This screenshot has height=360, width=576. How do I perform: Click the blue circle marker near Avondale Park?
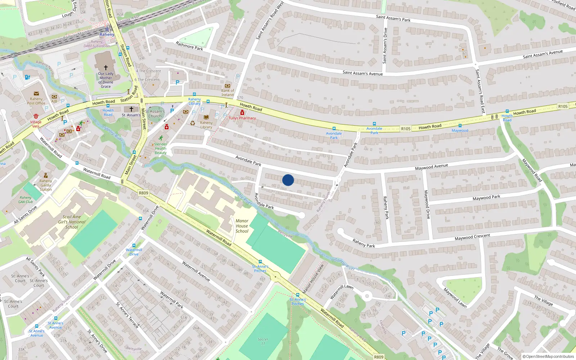pos(288,180)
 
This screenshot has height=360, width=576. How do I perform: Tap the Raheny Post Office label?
pos(36,101)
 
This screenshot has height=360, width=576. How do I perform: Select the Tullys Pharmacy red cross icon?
pos(242,113)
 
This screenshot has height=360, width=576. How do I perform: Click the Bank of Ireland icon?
pos(228,86)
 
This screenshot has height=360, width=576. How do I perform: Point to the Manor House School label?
pos(242,226)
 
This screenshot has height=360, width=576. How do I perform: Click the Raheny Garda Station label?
pos(46,185)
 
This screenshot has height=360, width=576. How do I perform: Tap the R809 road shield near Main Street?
pos(143,193)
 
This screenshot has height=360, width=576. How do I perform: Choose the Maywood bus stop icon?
pos(460,126)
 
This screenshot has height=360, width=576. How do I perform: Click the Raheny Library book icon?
pos(206,117)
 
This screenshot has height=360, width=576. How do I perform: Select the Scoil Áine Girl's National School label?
pos(72,222)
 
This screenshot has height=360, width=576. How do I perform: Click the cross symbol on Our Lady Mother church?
pos(106,67)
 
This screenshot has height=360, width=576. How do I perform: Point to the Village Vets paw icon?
pos(36,116)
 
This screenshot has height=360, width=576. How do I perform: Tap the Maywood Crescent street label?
pos(472,237)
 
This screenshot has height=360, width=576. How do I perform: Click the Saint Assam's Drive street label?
pos(386,46)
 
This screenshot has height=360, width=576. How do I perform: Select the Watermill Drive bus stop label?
pos(134,252)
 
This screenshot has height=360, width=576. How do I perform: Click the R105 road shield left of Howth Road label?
pos(406,129)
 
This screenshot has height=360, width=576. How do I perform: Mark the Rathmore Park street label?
pos(189,46)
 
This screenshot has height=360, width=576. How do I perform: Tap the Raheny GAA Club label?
pos(26,199)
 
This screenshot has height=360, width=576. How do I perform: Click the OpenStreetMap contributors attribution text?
pos(548,356)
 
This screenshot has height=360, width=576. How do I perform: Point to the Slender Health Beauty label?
pos(161,148)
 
